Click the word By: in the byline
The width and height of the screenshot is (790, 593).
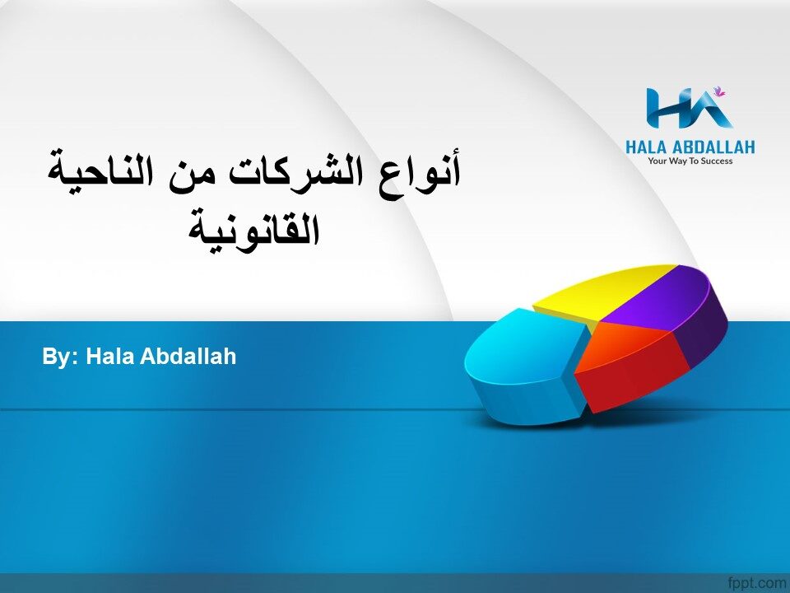(x=60, y=357)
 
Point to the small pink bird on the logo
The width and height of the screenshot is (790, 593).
(x=719, y=91)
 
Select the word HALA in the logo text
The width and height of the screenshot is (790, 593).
(x=647, y=147)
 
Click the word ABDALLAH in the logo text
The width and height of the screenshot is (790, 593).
(x=713, y=147)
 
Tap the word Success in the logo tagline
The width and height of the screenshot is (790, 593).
(x=717, y=161)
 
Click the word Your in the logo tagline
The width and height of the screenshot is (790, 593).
(x=657, y=161)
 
